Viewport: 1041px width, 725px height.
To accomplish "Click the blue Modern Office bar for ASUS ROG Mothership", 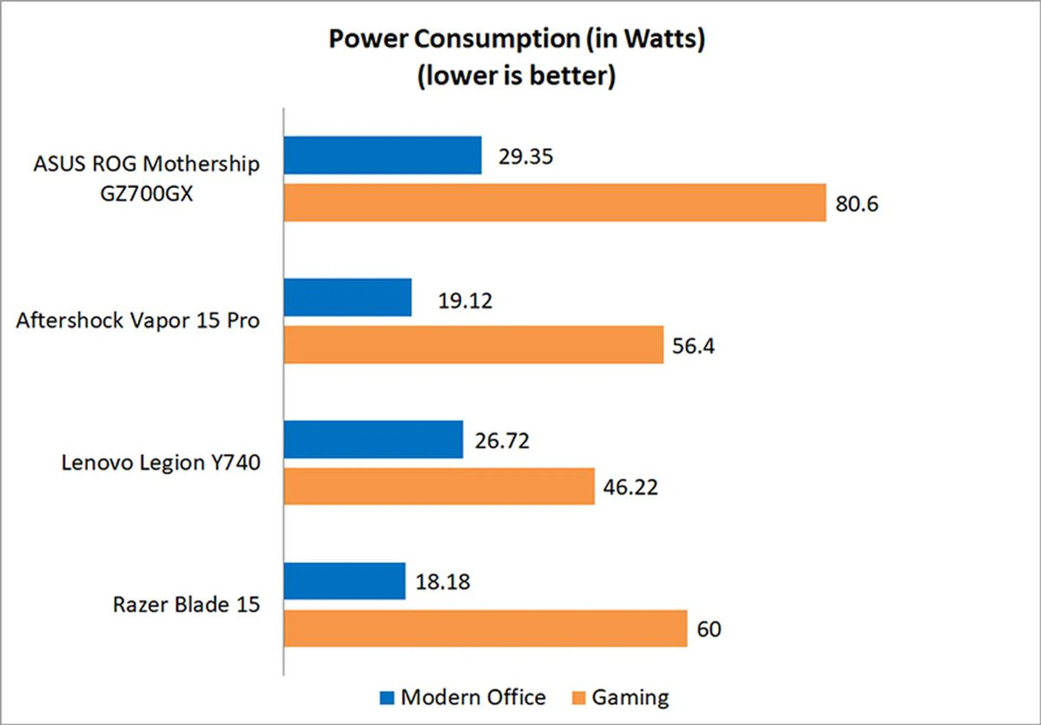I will point(382,155).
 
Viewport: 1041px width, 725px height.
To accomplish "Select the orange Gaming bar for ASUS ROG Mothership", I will point(555,202).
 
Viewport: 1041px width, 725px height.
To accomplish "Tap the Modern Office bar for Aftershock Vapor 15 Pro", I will point(348,297).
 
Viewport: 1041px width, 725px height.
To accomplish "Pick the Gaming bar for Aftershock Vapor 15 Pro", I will point(473,345).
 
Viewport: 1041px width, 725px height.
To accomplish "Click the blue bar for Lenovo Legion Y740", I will point(373,440).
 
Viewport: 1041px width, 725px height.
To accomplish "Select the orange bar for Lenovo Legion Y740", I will point(439,486).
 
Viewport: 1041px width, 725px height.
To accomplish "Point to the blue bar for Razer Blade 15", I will point(344,581).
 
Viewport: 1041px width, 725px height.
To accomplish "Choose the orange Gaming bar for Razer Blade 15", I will point(485,628).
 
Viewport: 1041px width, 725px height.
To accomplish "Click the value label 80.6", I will point(857,204).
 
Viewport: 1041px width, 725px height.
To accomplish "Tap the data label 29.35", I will point(525,157).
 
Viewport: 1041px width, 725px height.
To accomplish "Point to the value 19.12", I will point(465,301).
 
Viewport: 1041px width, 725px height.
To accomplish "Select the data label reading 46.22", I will point(630,487).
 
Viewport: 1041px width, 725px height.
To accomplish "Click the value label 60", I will point(709,629).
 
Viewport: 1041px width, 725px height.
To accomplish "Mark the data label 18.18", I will point(442,582).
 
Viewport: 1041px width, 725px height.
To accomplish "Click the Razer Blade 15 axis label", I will point(186,605).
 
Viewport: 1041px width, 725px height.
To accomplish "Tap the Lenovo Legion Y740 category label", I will point(160,463).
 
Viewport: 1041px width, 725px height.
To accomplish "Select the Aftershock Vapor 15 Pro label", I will point(138,321).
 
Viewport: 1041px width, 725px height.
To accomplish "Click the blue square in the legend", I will point(387,698).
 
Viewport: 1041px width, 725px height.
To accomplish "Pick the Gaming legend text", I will point(630,698).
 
